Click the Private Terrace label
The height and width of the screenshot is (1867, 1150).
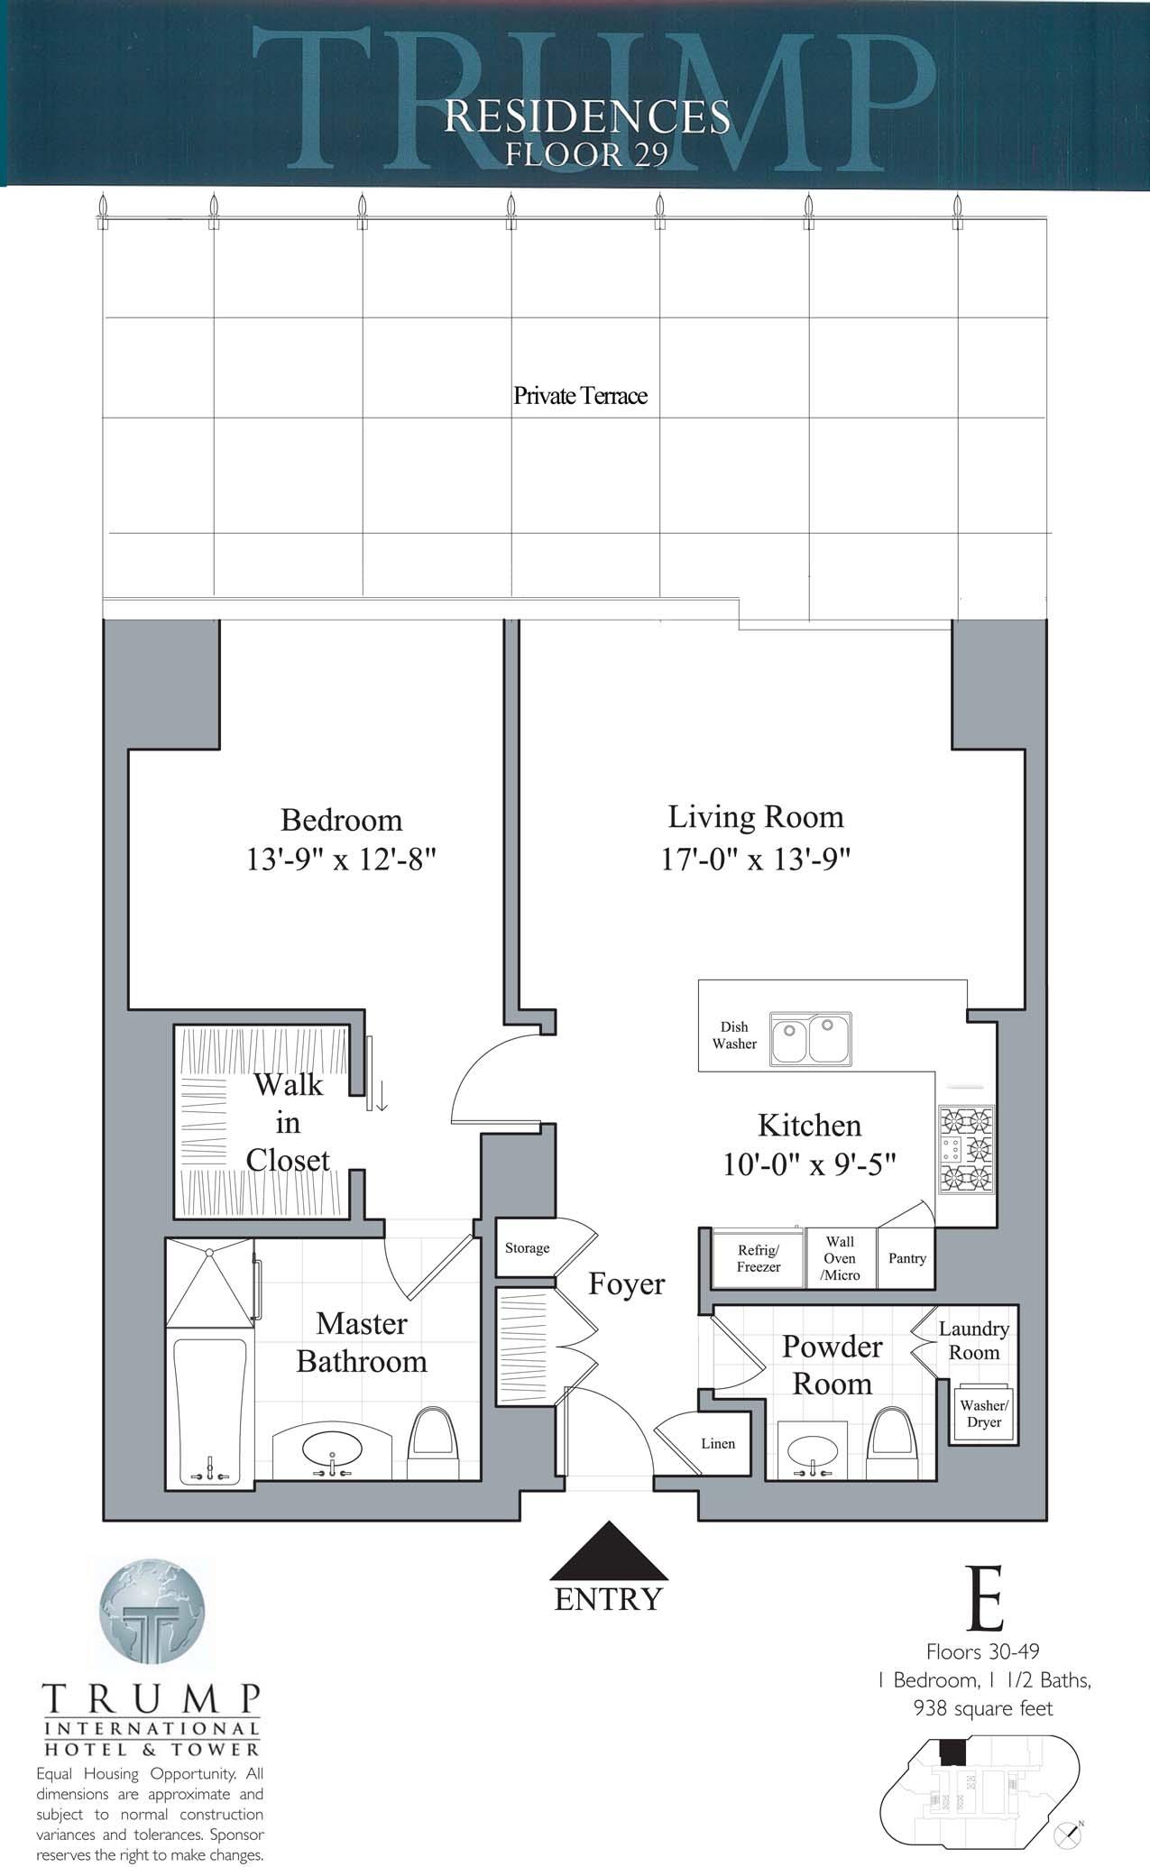(580, 395)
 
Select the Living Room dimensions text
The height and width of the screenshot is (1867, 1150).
(756, 859)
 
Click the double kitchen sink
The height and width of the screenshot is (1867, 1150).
(810, 1039)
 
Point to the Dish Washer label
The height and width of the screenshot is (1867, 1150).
(734, 1035)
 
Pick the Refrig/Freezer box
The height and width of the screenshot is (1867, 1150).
(758, 1258)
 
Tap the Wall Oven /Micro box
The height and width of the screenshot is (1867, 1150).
(840, 1258)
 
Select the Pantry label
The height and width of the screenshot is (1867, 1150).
(907, 1258)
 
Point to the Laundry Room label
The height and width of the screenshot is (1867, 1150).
(974, 1340)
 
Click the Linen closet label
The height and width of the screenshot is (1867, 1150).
(718, 1443)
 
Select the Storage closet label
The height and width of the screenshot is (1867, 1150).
(527, 1248)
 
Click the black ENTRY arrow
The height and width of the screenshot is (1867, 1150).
(609, 1550)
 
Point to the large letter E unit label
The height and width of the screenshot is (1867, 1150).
(985, 1598)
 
